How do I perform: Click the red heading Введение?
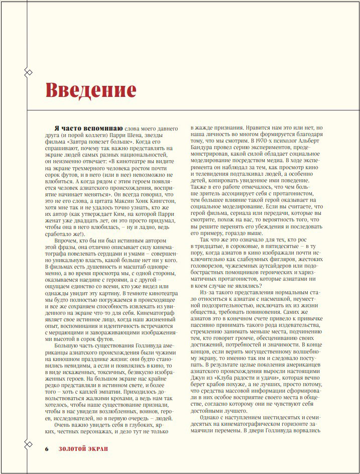point(91,90)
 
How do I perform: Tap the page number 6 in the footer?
point(46,448)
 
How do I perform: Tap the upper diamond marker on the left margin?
point(29,72)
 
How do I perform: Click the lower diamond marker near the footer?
point(29,443)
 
